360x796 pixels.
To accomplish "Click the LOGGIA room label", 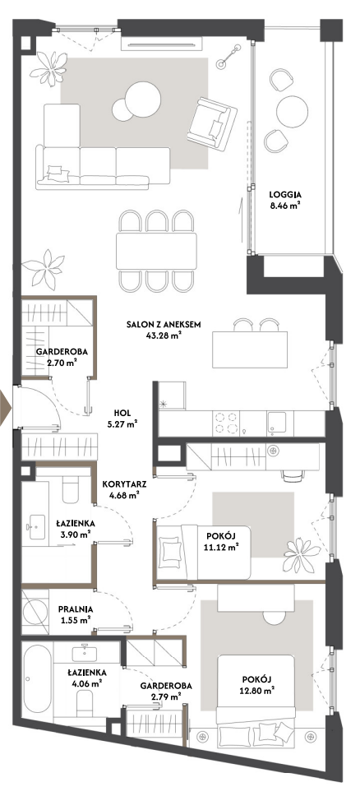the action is tap(285, 194).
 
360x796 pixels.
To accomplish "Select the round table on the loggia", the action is tap(292, 108).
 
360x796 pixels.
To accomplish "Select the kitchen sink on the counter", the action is tap(280, 423).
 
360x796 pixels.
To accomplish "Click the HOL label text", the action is tap(120, 414).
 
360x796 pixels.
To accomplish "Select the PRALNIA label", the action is tap(74, 611).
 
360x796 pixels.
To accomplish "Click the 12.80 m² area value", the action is tap(258, 689).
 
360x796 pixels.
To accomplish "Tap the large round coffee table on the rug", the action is tap(143, 98).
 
